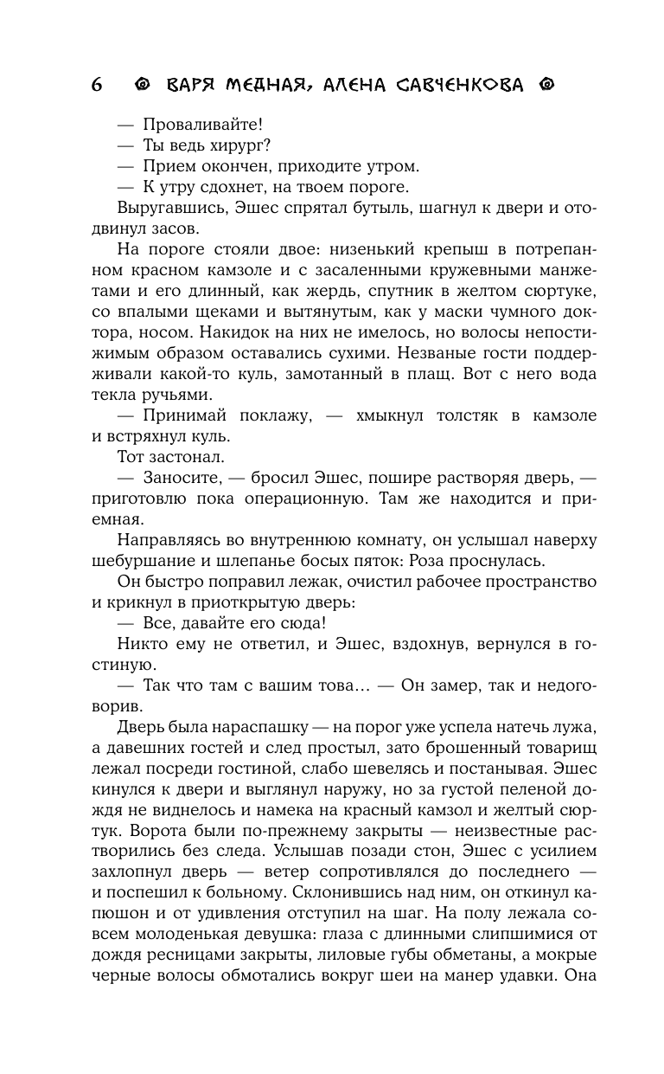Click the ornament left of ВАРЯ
[x=144, y=85]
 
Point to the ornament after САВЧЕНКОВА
[x=546, y=85]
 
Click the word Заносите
[x=185, y=478]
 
